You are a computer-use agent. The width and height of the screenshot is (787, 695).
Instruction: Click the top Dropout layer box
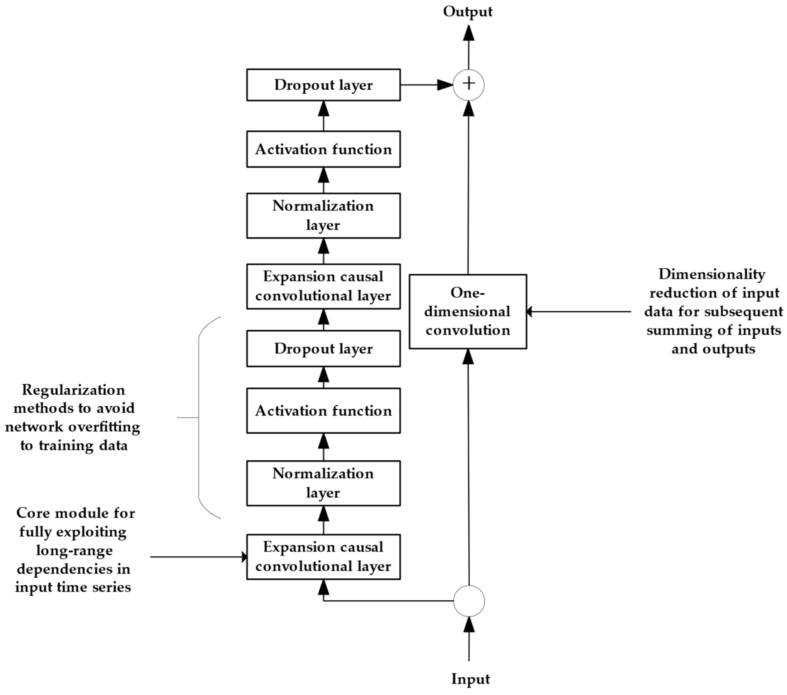click(x=323, y=85)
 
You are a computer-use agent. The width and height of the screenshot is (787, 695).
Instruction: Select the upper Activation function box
click(x=323, y=149)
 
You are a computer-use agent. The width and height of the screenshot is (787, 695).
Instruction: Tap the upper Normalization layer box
click(x=323, y=215)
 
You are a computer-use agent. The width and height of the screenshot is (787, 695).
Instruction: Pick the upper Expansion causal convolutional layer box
click(x=323, y=286)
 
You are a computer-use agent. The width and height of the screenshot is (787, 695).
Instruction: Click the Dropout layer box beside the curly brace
click(x=323, y=349)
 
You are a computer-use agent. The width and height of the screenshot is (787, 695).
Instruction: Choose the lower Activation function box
click(x=323, y=411)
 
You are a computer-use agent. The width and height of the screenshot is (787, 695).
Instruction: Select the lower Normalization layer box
click(x=323, y=483)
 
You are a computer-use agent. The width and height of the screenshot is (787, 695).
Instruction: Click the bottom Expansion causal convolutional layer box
click(x=323, y=557)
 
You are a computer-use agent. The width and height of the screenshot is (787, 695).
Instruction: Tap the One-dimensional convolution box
click(x=468, y=312)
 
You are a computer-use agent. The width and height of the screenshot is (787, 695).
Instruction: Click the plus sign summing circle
click(x=469, y=85)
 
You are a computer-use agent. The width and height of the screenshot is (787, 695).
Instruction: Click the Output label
click(x=468, y=12)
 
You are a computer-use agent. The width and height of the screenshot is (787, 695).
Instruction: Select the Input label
click(x=471, y=679)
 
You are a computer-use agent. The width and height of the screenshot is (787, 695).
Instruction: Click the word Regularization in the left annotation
click(x=73, y=390)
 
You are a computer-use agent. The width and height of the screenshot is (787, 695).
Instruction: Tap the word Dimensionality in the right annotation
click(x=712, y=274)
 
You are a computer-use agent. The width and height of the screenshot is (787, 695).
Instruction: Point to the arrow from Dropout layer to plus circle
click(x=427, y=85)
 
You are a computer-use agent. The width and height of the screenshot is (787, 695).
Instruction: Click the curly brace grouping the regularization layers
click(x=199, y=418)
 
